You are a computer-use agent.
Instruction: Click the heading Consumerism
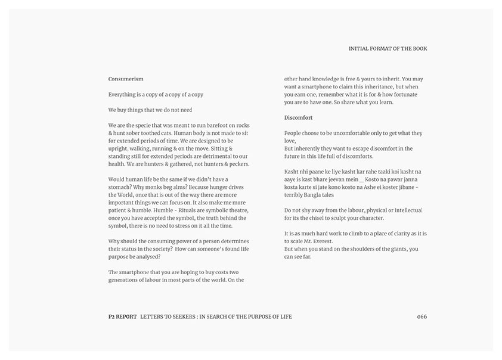point(126,79)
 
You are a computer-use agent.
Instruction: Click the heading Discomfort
point(298,117)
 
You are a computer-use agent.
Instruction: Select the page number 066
point(422,316)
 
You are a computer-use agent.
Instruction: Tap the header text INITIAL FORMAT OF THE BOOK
point(388,49)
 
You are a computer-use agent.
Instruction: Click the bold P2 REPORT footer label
point(119,316)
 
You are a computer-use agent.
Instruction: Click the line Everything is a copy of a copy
point(156,94)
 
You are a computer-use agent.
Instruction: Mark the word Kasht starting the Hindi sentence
point(293,172)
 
